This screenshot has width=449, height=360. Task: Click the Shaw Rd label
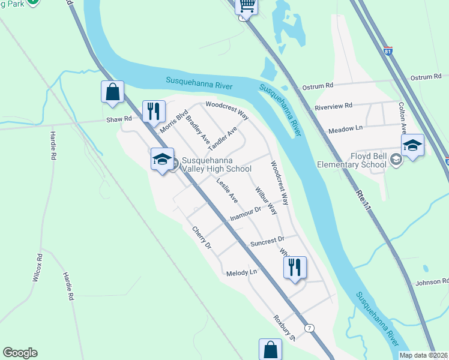click(119, 119)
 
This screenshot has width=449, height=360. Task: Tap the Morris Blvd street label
click(174, 121)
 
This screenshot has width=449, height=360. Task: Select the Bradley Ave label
click(197, 129)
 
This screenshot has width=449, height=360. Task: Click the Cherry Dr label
click(202, 237)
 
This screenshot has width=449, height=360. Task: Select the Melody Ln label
click(241, 272)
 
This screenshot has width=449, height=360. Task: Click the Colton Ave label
click(403, 116)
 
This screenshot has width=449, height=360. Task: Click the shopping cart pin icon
click(247, 6)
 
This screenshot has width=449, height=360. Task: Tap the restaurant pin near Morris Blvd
click(153, 110)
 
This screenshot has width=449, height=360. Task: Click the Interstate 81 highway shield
click(388, 52)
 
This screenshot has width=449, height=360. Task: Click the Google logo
click(20, 353)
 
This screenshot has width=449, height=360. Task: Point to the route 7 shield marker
click(309, 328)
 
